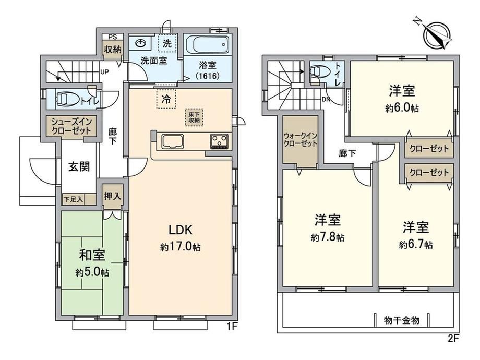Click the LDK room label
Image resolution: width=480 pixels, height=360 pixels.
[181, 230]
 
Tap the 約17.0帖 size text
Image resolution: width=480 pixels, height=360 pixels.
[181, 247]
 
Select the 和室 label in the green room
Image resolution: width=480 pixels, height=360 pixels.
[92, 255]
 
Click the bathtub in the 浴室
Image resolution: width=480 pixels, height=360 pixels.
[207, 45]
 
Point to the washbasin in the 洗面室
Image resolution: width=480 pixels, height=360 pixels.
[141, 43]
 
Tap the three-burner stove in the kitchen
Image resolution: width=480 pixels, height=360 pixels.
[219, 141]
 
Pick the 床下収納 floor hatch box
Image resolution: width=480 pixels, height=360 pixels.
[194, 117]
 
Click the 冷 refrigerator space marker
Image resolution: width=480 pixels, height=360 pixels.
[166, 99]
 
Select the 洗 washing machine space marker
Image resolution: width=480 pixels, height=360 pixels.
[167, 43]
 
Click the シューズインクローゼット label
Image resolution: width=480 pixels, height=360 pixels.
[71, 126]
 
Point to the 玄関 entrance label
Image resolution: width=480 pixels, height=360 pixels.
[79, 166]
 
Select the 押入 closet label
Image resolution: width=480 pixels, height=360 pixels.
[113, 196]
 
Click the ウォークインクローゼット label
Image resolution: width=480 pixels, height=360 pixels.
[300, 139]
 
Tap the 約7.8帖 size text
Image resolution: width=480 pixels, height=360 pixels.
[328, 237]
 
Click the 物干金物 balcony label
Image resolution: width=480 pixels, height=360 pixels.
[402, 320]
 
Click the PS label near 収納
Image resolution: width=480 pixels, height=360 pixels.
[113, 37]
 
